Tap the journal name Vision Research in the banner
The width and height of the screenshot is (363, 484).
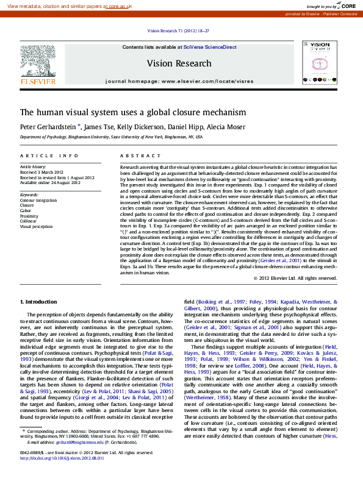pos(179,63)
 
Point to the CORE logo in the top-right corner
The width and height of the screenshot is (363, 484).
pos(346,5)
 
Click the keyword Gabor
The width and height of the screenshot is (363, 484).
pos(27,210)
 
